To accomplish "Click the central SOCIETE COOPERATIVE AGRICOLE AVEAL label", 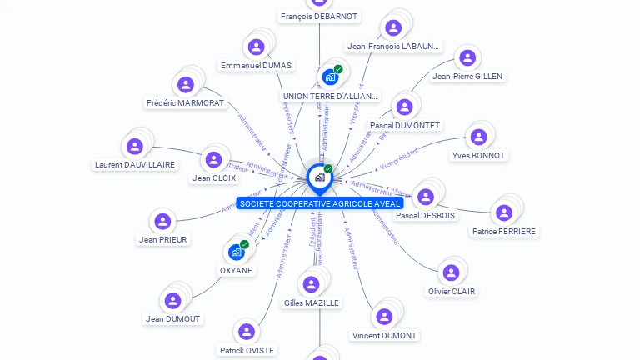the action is coord(319,203).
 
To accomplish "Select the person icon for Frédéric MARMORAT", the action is coord(186,84).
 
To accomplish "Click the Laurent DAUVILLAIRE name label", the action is coord(135,164).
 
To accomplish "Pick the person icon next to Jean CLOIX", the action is coord(214,158).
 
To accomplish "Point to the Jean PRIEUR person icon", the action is coord(162,221).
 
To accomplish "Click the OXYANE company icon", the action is coord(237,251).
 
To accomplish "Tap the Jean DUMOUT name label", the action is coord(173,318).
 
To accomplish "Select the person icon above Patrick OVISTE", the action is coord(246,332).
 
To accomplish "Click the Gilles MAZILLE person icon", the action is coord(311,284).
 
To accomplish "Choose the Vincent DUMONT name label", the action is coord(384,335).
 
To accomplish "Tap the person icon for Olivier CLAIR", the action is coord(451,272).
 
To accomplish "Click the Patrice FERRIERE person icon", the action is coord(503,212).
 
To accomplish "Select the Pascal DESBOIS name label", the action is coord(426,215).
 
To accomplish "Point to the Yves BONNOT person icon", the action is coord(477,137).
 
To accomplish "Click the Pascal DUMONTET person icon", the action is coord(404,107).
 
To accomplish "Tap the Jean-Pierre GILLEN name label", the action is coord(467,76).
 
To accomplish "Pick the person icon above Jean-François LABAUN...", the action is coord(393,27).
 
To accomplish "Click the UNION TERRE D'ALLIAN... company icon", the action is coord(330,77).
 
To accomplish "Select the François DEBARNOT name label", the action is coord(319,16).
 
